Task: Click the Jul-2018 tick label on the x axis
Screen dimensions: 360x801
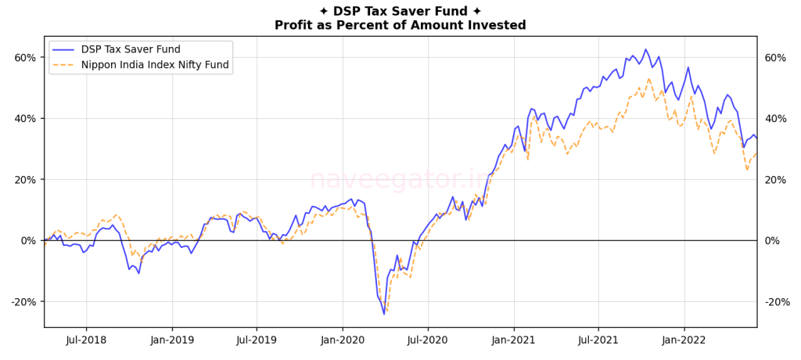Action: coord(85,340)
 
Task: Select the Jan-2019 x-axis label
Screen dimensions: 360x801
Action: coord(171,340)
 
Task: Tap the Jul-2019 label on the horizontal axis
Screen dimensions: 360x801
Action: coord(257,340)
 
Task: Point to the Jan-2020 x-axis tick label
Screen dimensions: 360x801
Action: coord(342,340)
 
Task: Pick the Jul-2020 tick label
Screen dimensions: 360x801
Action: coord(427,340)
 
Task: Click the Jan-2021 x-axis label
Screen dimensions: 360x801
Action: coord(513,340)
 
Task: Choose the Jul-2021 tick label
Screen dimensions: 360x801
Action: coord(598,340)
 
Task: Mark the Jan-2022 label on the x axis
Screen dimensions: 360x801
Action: coord(684,340)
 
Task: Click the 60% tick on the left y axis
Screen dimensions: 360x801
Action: coord(25,58)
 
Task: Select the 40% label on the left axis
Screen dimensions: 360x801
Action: coord(25,119)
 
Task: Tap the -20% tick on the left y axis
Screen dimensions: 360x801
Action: coord(23,302)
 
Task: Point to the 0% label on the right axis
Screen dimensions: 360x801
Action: coord(772,241)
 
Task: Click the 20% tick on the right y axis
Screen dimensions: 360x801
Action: coord(775,180)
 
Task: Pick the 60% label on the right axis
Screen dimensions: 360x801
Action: coord(775,58)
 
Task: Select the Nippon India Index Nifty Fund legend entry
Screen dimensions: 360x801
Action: coord(155,65)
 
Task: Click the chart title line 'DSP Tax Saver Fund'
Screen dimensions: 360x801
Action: coord(400,11)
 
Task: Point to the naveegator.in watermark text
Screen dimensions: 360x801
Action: coord(400,179)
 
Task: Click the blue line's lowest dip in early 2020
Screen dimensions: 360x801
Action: coord(384,314)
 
